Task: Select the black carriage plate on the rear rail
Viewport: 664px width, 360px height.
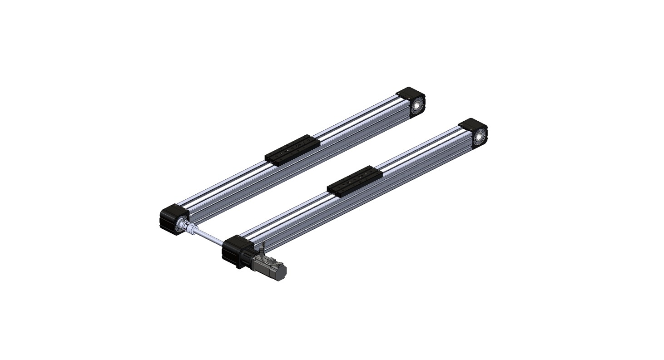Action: (x=292, y=149)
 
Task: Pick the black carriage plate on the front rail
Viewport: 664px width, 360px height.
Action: (x=354, y=180)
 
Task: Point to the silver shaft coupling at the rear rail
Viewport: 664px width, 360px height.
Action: (x=186, y=226)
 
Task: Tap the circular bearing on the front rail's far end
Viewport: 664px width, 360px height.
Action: (x=479, y=137)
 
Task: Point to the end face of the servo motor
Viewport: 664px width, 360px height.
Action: (x=282, y=271)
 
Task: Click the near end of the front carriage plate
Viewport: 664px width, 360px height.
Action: (x=334, y=190)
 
